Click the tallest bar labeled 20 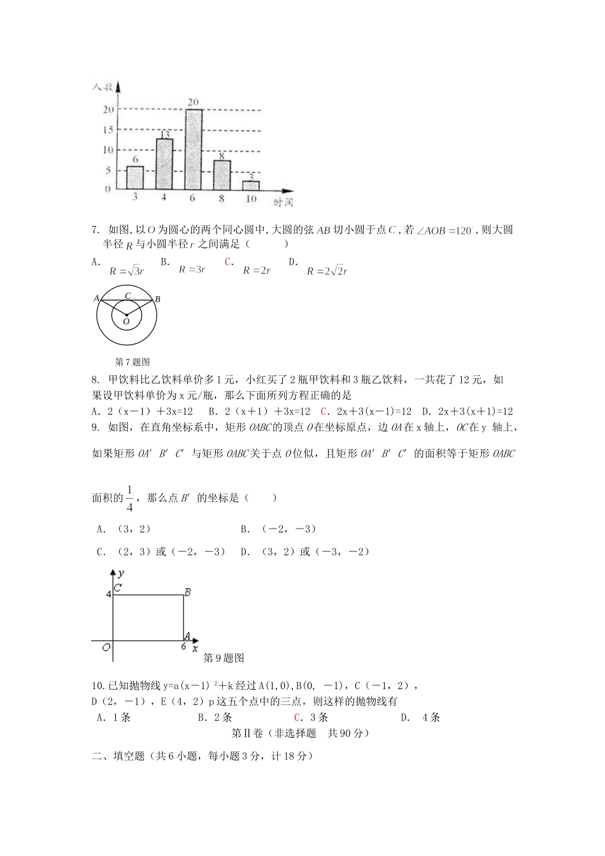pos(194,149)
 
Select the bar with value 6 pos(135,178)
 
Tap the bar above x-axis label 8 pos(222,175)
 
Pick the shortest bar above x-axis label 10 pos(251,185)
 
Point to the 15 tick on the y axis pos(108,130)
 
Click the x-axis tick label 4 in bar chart pos(164,198)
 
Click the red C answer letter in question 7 pos(227,262)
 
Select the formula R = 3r pos(192,269)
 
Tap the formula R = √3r pos(127,271)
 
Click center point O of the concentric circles pos(126,315)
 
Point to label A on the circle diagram pos(97,298)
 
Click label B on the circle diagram pos(157,299)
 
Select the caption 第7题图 pos(132,362)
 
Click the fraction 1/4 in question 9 pos(130,498)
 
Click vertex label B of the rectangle pos(188,592)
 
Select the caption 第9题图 pos(224,658)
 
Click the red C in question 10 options pos(297,718)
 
